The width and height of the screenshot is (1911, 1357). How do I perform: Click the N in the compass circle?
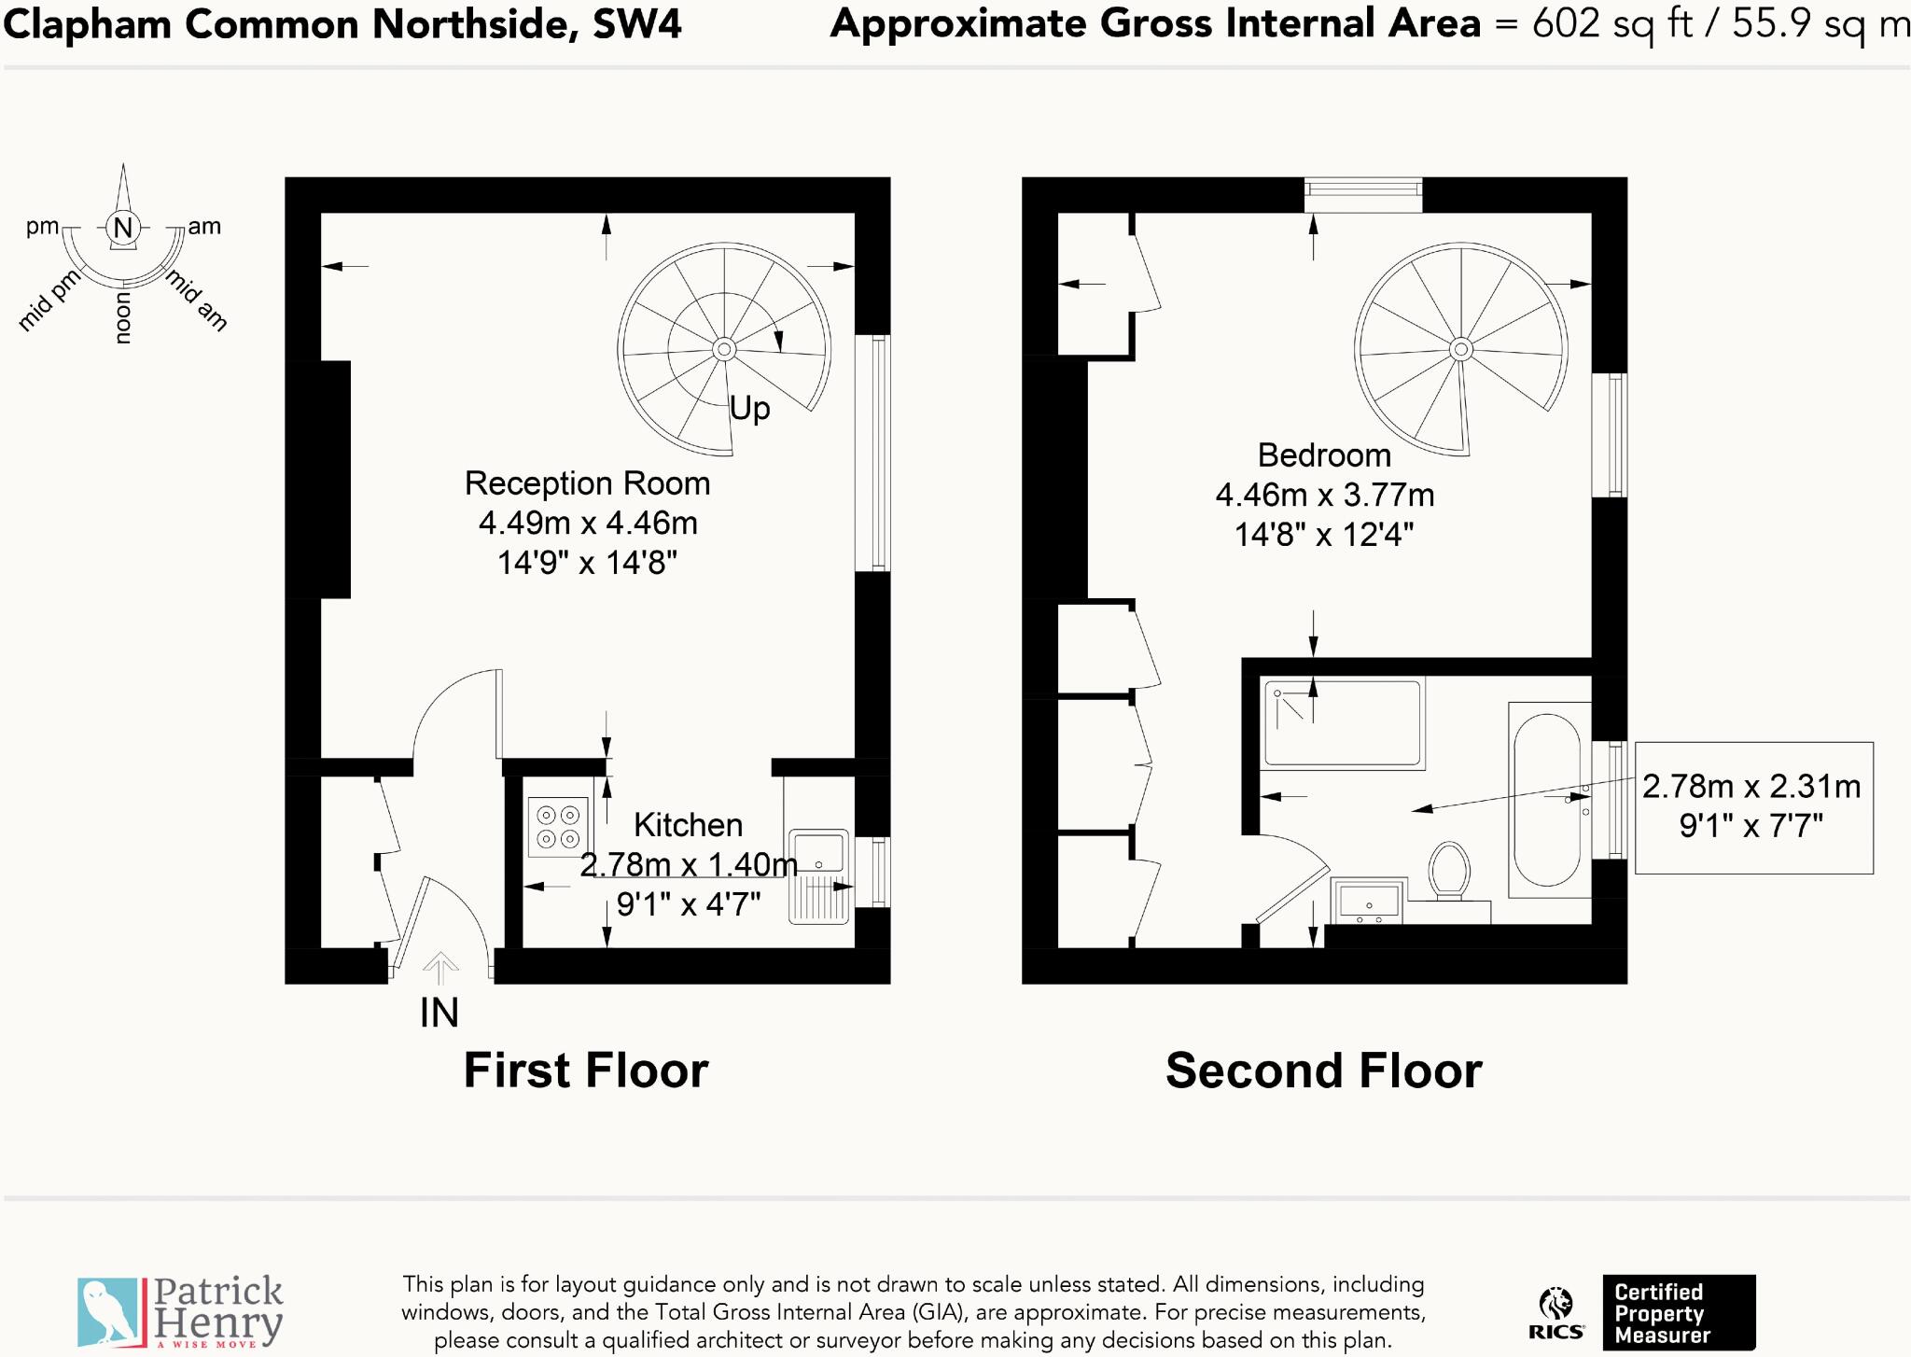pyautogui.click(x=123, y=227)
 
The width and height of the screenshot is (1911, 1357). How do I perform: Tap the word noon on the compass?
pyautogui.click(x=122, y=318)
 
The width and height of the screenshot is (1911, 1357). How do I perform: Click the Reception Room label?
pyautogui.click(x=587, y=483)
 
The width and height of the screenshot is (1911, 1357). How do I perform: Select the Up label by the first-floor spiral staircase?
pyautogui.click(x=749, y=408)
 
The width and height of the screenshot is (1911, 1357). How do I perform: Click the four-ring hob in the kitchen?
pyautogui.click(x=558, y=827)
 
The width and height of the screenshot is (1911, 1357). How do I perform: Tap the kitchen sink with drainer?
pyautogui.click(x=818, y=876)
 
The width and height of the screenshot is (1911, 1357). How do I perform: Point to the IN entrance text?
pyautogui.click(x=439, y=1014)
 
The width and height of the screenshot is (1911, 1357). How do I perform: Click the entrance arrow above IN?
pyautogui.click(x=440, y=968)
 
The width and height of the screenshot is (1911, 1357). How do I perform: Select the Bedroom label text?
pyautogui.click(x=1323, y=455)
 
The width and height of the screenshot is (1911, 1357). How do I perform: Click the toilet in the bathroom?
pyautogui.click(x=1449, y=870)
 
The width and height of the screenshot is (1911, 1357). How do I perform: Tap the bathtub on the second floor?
pyautogui.click(x=1547, y=800)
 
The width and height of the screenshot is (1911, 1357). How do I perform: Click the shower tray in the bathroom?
pyautogui.click(x=1342, y=723)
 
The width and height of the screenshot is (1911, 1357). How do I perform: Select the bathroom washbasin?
pyautogui.click(x=1369, y=902)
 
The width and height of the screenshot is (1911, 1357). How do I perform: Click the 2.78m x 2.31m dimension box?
pyautogui.click(x=1752, y=807)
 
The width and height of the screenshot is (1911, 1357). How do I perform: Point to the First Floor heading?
pyautogui.click(x=586, y=1070)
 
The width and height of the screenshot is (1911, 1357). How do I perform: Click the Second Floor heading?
pyautogui.click(x=1323, y=1070)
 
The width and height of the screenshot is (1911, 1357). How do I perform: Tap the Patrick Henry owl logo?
pyautogui.click(x=111, y=1311)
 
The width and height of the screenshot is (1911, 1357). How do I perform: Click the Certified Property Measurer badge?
pyautogui.click(x=1678, y=1312)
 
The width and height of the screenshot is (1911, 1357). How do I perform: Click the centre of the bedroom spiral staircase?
pyautogui.click(x=1460, y=350)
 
